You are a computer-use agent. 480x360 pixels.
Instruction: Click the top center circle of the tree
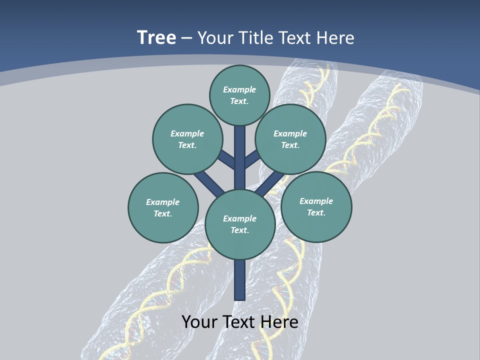pyautogui.click(x=239, y=95)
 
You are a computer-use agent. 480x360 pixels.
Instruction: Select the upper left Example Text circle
pyautogui.click(x=187, y=139)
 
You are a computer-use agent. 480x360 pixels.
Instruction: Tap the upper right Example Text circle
pyautogui.click(x=290, y=139)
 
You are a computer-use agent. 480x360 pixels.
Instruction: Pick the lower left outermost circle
pyautogui.click(x=163, y=207)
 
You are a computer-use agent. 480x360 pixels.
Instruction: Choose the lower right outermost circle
pyautogui.click(x=316, y=206)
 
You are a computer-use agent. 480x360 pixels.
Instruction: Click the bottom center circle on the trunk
pyautogui.click(x=240, y=224)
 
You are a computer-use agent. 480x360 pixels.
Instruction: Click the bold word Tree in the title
pyautogui.click(x=156, y=37)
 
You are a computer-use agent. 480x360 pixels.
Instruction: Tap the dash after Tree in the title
pyautogui.click(x=186, y=38)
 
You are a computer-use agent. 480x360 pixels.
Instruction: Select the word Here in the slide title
pyautogui.click(x=335, y=37)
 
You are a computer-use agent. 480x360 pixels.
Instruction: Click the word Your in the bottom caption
pyautogui.click(x=199, y=321)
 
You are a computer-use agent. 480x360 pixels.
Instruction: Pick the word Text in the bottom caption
pyautogui.click(x=239, y=321)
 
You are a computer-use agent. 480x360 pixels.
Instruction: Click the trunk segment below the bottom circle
pyautogui.click(x=240, y=280)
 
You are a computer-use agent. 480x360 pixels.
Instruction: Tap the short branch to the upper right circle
pyautogui.click(x=252, y=159)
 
